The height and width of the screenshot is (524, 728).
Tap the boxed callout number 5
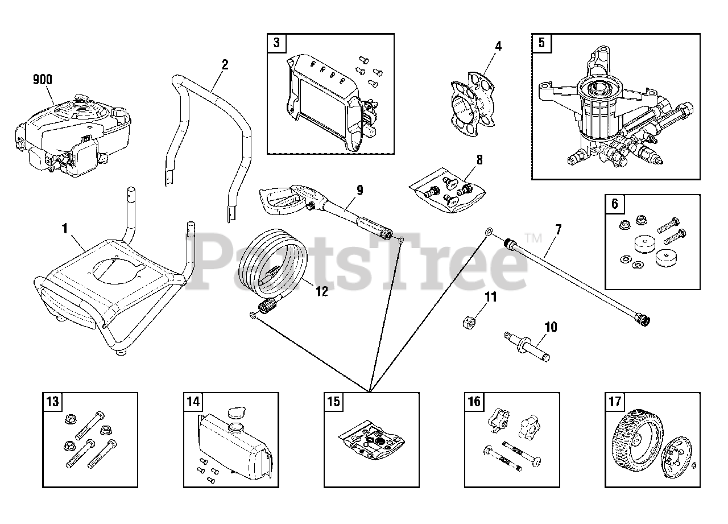(541, 43)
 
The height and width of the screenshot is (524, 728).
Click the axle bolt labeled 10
(528, 346)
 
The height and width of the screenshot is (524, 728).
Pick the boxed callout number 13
(52, 402)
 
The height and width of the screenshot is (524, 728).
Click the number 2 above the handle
(225, 64)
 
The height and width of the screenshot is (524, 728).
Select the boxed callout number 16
(474, 402)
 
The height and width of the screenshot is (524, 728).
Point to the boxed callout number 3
(276, 43)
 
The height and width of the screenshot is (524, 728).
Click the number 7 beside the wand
(559, 230)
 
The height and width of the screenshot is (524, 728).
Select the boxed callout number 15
(333, 402)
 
